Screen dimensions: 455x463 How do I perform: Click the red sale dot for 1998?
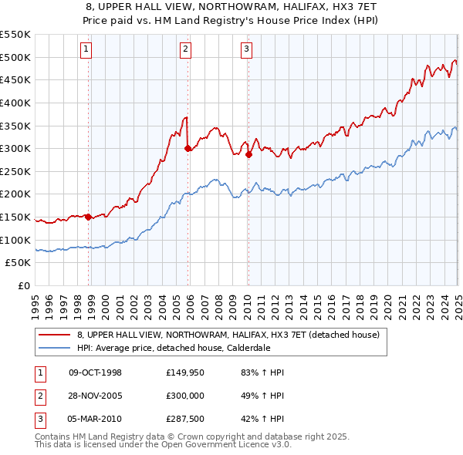[x=88, y=217]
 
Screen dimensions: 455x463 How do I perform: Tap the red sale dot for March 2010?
[x=248, y=154]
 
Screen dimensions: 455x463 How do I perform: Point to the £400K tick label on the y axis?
[x=16, y=103]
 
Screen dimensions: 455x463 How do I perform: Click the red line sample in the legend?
[x=54, y=335]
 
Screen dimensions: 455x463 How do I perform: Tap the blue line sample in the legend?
[x=54, y=348]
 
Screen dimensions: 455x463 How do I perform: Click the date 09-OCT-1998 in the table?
[x=95, y=372]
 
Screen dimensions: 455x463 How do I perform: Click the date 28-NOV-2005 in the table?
[x=96, y=397]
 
